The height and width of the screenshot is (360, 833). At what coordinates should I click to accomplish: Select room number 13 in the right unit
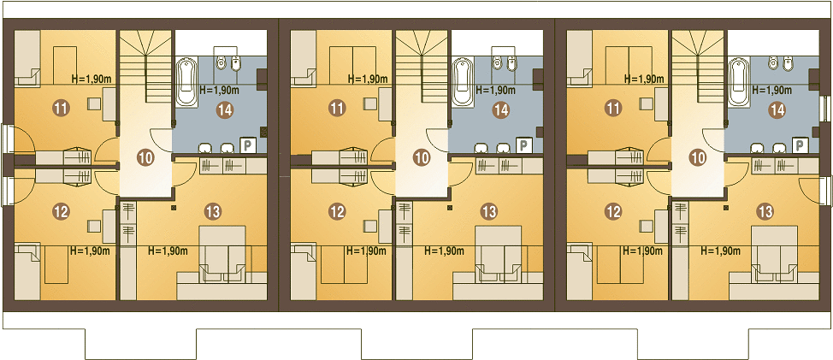tap(765, 212)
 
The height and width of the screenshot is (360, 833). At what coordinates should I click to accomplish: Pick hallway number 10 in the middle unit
tap(422, 157)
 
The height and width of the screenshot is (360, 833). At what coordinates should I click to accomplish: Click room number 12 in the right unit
tap(613, 212)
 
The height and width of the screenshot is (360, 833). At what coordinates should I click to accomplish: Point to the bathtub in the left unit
tap(186, 81)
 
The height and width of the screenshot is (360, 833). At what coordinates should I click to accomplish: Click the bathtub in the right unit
tap(738, 81)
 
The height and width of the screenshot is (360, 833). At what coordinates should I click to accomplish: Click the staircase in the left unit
tap(145, 67)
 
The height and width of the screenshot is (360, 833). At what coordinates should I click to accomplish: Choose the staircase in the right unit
tap(698, 67)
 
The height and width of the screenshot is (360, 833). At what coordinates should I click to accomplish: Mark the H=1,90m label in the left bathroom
tap(218, 90)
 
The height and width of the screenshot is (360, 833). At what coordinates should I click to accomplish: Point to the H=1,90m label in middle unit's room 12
tap(366, 251)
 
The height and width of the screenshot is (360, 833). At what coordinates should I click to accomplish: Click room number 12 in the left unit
tap(61, 212)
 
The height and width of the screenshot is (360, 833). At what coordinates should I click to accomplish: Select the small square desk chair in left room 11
tap(95, 103)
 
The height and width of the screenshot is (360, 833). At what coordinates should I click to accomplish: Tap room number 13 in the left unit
tap(213, 212)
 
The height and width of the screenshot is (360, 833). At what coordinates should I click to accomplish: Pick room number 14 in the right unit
tap(777, 110)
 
